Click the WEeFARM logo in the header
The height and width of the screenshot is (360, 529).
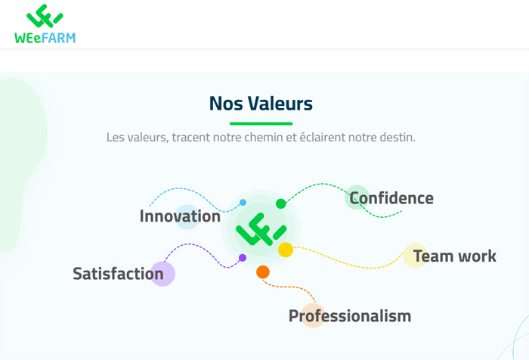[45, 23]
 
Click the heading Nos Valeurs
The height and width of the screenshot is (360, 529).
[261, 104]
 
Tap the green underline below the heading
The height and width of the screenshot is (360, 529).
[261, 123]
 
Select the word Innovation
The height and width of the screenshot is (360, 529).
[180, 216]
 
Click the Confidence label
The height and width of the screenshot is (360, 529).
[391, 198]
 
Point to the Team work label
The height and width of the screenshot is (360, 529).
[455, 256]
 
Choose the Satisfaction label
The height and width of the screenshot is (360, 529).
[118, 274]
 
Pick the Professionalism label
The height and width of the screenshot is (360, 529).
[350, 316]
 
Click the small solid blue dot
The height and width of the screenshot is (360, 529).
[243, 203]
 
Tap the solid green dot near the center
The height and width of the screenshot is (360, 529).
[280, 203]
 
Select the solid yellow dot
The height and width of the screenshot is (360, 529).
[286, 250]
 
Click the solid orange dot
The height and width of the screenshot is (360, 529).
[263, 272]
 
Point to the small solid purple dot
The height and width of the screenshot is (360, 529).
[243, 258]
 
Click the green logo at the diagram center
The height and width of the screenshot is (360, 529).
[261, 229]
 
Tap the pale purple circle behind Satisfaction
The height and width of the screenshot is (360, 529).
[162, 274]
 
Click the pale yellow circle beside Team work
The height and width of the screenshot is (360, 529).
[416, 256]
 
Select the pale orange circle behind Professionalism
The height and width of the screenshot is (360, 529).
[313, 315]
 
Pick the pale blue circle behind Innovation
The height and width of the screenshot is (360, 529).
[187, 217]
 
